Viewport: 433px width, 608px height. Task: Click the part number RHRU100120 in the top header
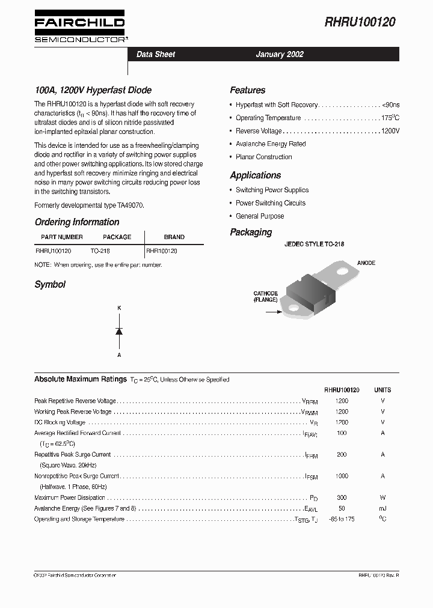pos(360,22)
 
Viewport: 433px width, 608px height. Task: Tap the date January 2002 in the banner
pos(280,54)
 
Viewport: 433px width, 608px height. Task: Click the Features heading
pos(247,90)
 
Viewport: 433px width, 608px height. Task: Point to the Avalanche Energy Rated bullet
pos(271,144)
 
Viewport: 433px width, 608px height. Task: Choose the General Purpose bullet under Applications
pos(260,216)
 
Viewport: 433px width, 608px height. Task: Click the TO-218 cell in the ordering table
pos(100,251)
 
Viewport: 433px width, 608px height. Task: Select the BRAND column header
pos(174,237)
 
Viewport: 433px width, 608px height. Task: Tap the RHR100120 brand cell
pos(162,251)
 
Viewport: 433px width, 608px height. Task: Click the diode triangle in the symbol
pos(119,331)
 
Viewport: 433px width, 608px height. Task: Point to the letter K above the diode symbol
pos(119,308)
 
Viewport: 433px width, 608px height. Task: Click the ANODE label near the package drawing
pos(366,263)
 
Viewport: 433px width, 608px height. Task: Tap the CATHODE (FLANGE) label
pos(265,296)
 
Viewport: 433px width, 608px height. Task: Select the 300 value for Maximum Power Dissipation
pos(342,498)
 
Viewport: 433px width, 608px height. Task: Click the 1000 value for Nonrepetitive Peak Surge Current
pos(342,476)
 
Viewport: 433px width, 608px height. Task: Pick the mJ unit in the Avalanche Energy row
pos(382,509)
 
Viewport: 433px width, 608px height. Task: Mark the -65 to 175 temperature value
pos(342,519)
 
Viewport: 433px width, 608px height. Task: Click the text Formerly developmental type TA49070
pos(90,205)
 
